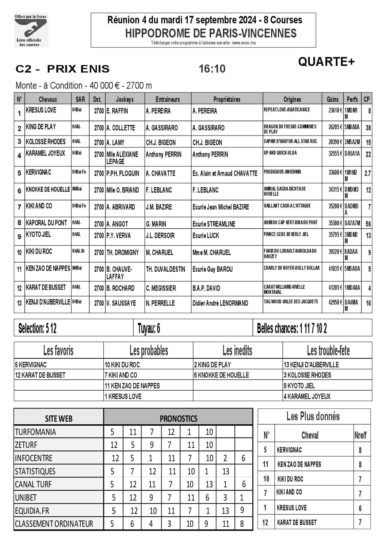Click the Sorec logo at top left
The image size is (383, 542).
pos(31,30)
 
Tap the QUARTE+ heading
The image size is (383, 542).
pos(326,62)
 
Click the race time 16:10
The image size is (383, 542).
pos(212,69)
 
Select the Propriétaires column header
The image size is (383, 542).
pos(227,100)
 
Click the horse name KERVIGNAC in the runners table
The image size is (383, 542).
pos(39,172)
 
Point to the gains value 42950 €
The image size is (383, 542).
pos(335,302)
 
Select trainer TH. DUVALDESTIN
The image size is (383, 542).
pos(166,269)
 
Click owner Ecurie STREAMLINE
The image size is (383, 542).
pos(214,224)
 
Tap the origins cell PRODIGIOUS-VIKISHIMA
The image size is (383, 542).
pos(282,172)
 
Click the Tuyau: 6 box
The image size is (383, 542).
pos(149,328)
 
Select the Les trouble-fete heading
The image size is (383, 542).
pos(328,351)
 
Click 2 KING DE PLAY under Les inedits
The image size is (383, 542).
pos(212,365)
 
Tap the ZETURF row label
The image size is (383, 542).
pos(26,445)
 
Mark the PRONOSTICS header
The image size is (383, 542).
pos(178,419)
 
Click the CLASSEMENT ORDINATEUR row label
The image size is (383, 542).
pos(54,524)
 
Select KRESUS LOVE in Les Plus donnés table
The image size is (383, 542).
pos(292,508)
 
